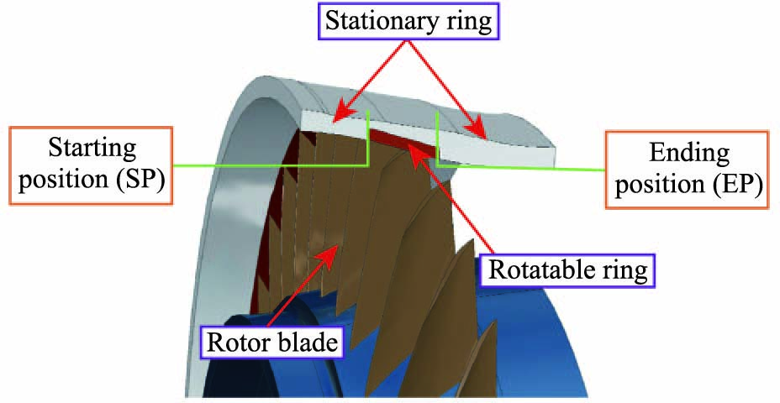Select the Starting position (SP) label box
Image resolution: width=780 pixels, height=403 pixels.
pos(92,165)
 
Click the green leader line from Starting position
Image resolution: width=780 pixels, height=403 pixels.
pos(269,164)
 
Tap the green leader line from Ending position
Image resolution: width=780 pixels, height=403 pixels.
pos(521,167)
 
